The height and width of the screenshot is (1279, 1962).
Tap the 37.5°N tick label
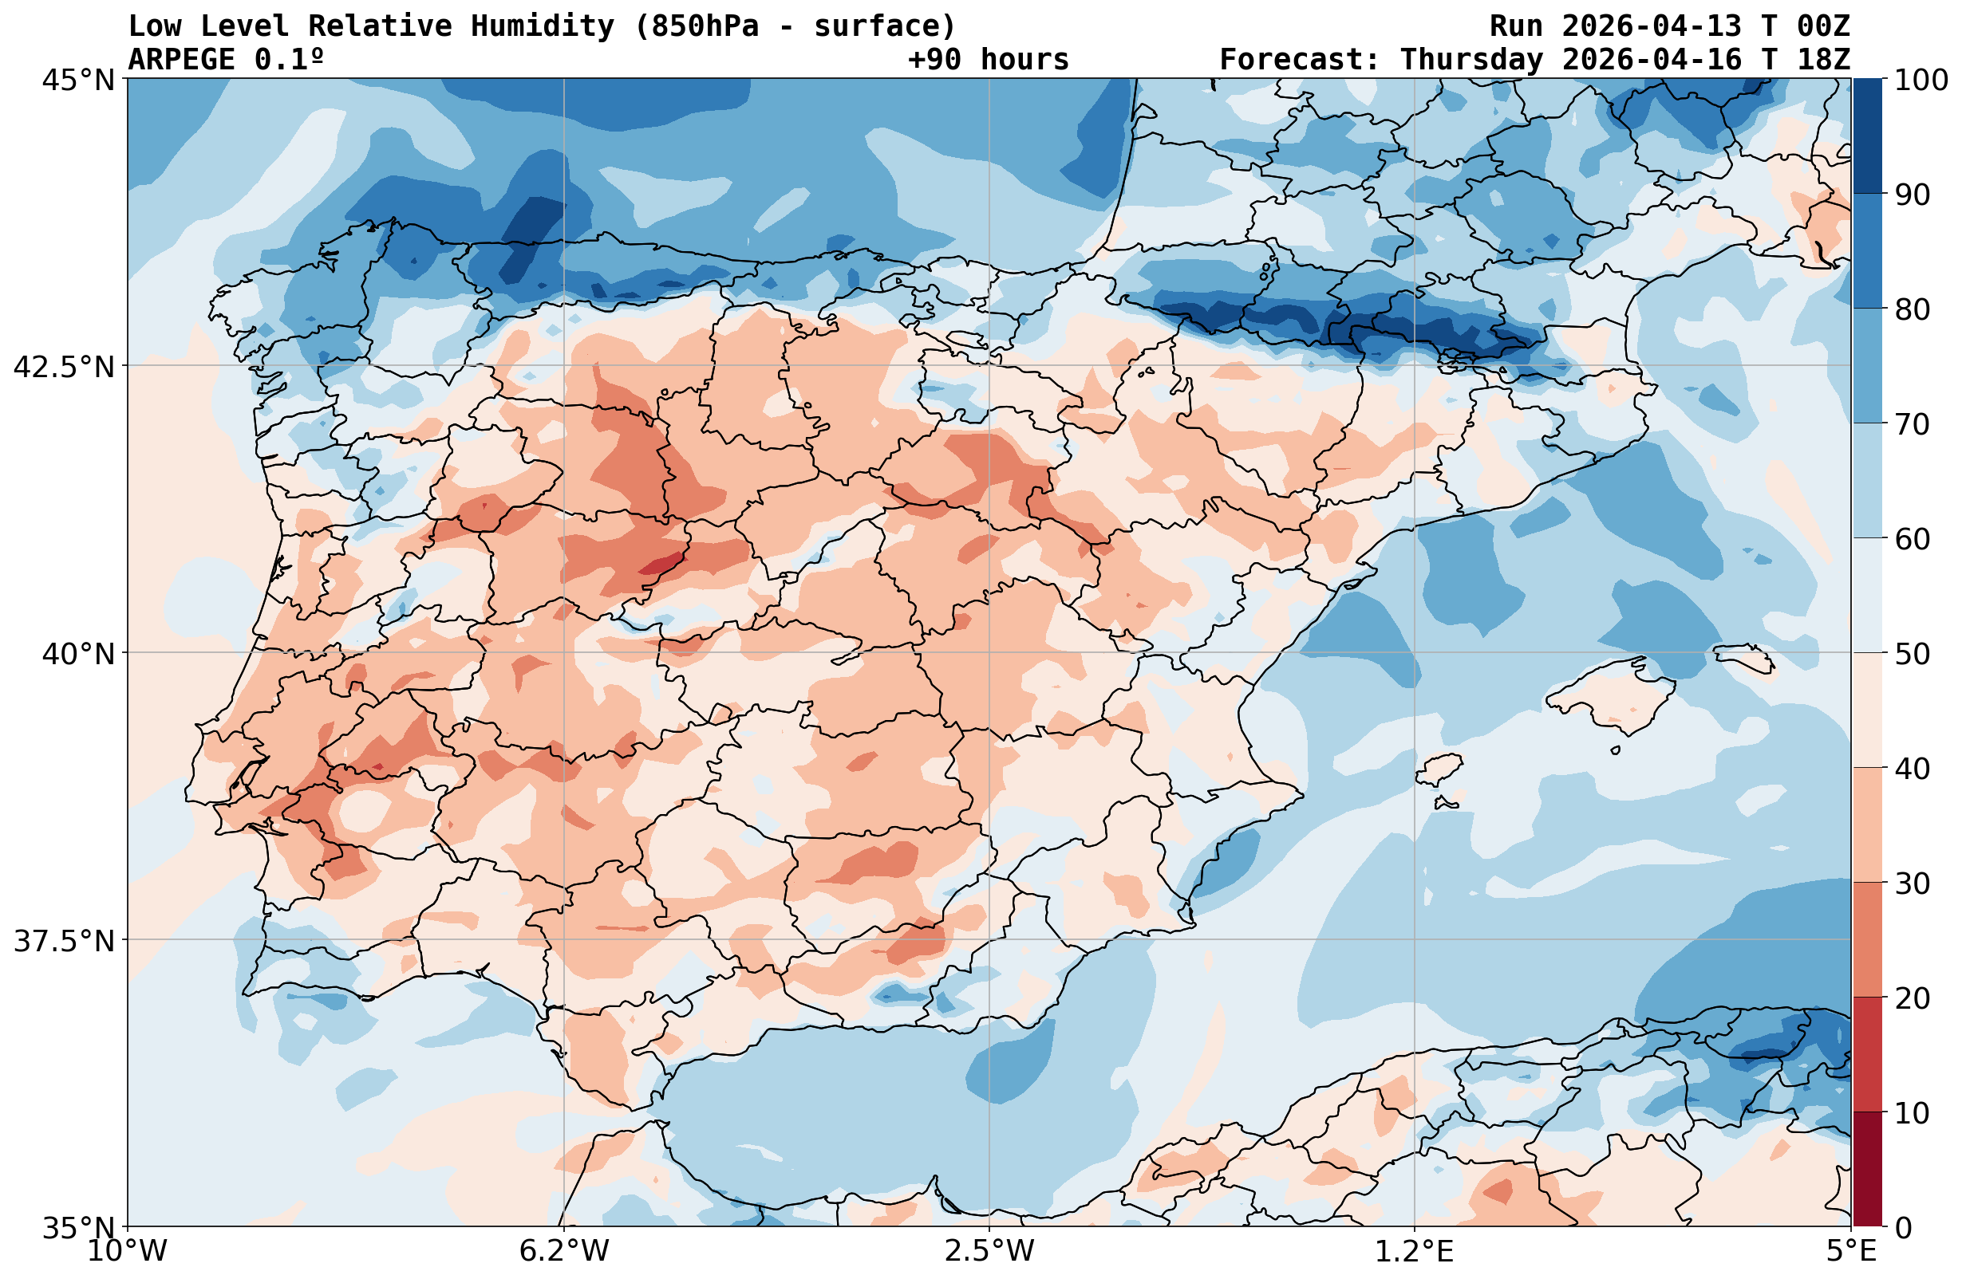(65, 940)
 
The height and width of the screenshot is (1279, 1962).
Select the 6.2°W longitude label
(564, 1251)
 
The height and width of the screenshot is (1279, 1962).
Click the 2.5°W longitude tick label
(989, 1251)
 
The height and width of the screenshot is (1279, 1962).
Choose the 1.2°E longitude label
(1415, 1251)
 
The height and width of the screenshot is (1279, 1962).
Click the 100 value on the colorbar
(1921, 80)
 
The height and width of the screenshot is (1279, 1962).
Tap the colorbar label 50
(1912, 655)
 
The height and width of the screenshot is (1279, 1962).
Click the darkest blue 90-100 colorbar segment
(1867, 136)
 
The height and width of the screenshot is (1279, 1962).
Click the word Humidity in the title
(542, 26)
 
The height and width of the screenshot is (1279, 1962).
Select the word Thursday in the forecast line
(1471, 59)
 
